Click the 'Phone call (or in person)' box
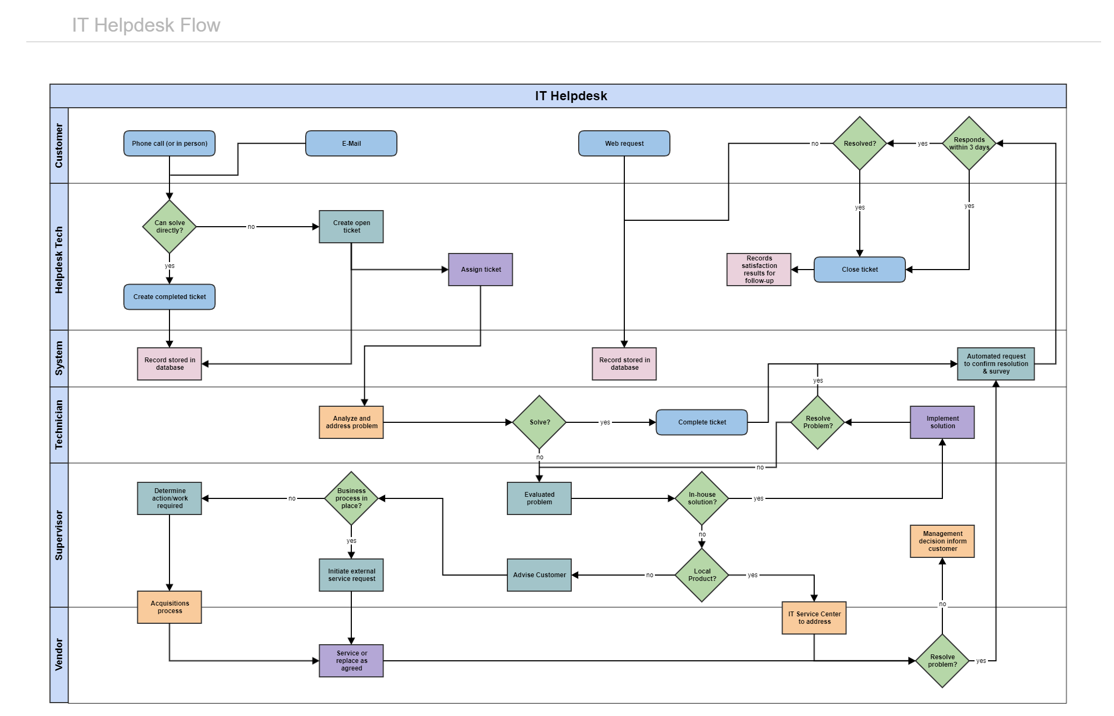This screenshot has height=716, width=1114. coord(169,144)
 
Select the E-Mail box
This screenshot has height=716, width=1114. coord(351,144)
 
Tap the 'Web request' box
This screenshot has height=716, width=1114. coord(624,144)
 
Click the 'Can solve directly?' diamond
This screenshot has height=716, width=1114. coord(169,227)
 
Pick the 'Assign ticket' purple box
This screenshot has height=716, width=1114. coord(481,270)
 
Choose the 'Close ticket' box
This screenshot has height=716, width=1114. coord(860,270)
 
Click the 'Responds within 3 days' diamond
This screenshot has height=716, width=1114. coord(969,144)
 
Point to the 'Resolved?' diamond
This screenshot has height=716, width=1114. coord(860,144)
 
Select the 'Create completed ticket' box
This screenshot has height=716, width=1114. coord(169,297)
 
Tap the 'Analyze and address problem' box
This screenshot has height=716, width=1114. coord(351,422)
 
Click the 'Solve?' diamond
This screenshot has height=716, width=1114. coord(540,422)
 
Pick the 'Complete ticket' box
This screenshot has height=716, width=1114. coord(702,422)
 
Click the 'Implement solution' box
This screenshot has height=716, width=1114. coord(942,422)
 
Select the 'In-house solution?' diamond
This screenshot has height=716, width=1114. coord(702,498)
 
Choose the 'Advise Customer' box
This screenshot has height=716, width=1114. coord(540,575)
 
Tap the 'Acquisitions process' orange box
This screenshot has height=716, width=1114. coord(169,607)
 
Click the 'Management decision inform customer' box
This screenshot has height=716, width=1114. coord(942,541)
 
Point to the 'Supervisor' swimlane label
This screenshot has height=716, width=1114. coord(59,535)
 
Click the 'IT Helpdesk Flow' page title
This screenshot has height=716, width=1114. coord(146,25)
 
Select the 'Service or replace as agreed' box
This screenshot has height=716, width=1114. coord(351,661)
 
